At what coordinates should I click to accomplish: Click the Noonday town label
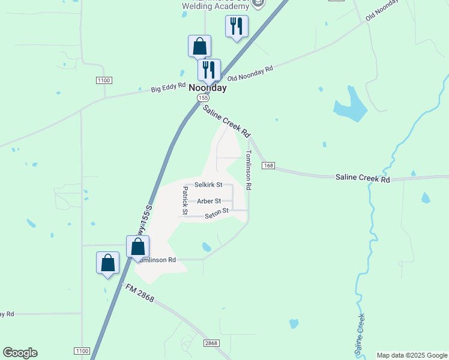click(208, 88)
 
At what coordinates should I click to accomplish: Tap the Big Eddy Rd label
click(168, 88)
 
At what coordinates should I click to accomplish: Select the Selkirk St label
click(208, 185)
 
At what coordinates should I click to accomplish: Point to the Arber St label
click(209, 201)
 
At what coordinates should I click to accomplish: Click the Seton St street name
click(217, 212)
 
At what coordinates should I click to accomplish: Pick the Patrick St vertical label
click(185, 200)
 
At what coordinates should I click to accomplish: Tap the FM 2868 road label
click(139, 292)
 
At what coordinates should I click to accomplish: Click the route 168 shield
click(268, 165)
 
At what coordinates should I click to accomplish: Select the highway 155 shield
click(204, 97)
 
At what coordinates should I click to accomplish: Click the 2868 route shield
click(211, 343)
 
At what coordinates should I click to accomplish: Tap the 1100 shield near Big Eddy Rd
click(104, 80)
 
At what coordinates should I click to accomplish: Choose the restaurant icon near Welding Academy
click(237, 27)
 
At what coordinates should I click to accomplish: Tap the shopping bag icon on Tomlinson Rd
click(137, 247)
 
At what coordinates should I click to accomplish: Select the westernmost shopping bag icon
click(107, 263)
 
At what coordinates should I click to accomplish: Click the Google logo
click(20, 353)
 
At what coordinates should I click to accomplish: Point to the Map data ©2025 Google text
click(412, 355)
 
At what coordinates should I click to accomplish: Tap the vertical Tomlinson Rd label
click(248, 170)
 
